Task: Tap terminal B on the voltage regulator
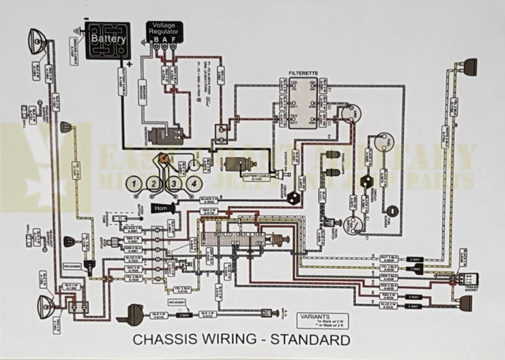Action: [156, 39]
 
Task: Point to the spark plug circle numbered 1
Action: [136, 185]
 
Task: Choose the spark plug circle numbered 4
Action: [192, 185]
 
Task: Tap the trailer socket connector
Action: [469, 277]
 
